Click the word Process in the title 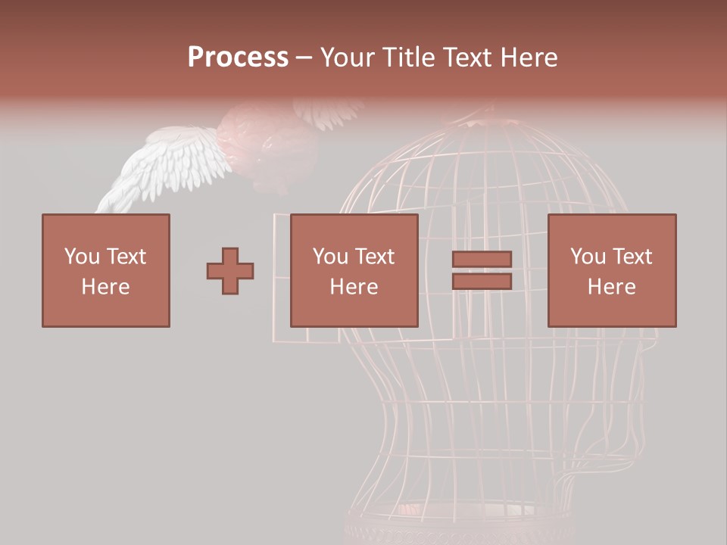(238, 58)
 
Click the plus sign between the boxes (230, 270)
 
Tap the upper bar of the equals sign (482, 259)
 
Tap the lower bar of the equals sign (482, 282)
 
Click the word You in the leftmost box (81, 256)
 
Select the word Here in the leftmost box (105, 287)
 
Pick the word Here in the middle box (354, 287)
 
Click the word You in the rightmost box (588, 256)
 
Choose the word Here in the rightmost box (611, 287)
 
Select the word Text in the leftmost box (126, 256)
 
